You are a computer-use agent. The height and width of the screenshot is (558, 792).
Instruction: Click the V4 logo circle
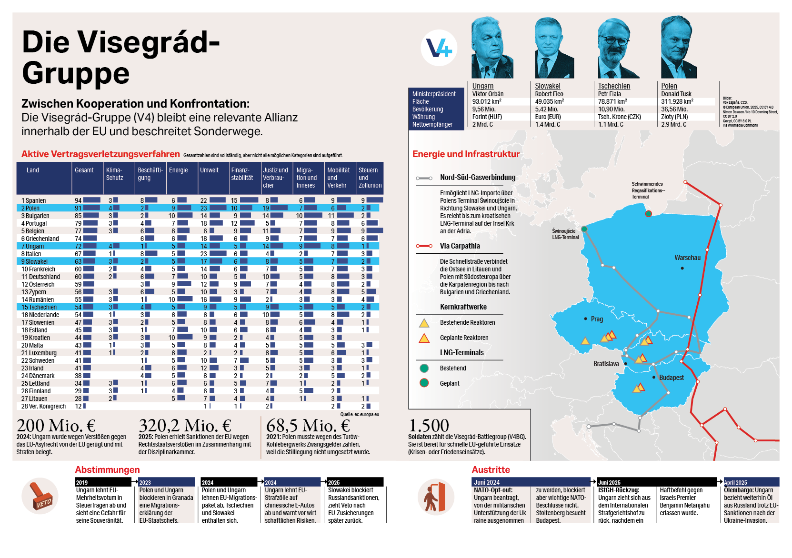439,48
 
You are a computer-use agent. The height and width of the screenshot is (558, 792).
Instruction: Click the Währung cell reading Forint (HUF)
487,117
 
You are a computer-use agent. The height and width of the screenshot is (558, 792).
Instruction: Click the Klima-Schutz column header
114,174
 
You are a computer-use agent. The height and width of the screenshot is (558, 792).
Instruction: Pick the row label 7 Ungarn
33,246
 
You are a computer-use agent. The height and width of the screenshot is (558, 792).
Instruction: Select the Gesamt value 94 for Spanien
78,200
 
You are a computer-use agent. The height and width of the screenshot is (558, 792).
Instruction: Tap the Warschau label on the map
687,258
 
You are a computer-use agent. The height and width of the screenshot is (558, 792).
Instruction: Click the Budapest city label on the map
671,378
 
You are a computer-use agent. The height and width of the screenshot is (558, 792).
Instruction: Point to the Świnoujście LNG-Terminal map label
565,234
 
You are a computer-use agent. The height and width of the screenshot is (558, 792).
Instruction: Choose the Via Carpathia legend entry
460,246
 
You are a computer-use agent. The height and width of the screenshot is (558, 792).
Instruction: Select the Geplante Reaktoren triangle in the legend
424,338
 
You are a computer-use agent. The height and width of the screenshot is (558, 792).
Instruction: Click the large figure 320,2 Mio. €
185,425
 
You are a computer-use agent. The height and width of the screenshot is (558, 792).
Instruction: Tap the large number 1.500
429,425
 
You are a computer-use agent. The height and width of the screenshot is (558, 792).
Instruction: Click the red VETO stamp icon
40,496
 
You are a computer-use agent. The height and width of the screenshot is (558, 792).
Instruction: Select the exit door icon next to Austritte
435,497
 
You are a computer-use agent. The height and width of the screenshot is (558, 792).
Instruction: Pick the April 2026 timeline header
735,482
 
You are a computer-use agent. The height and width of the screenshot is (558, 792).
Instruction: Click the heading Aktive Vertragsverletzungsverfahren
100,154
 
